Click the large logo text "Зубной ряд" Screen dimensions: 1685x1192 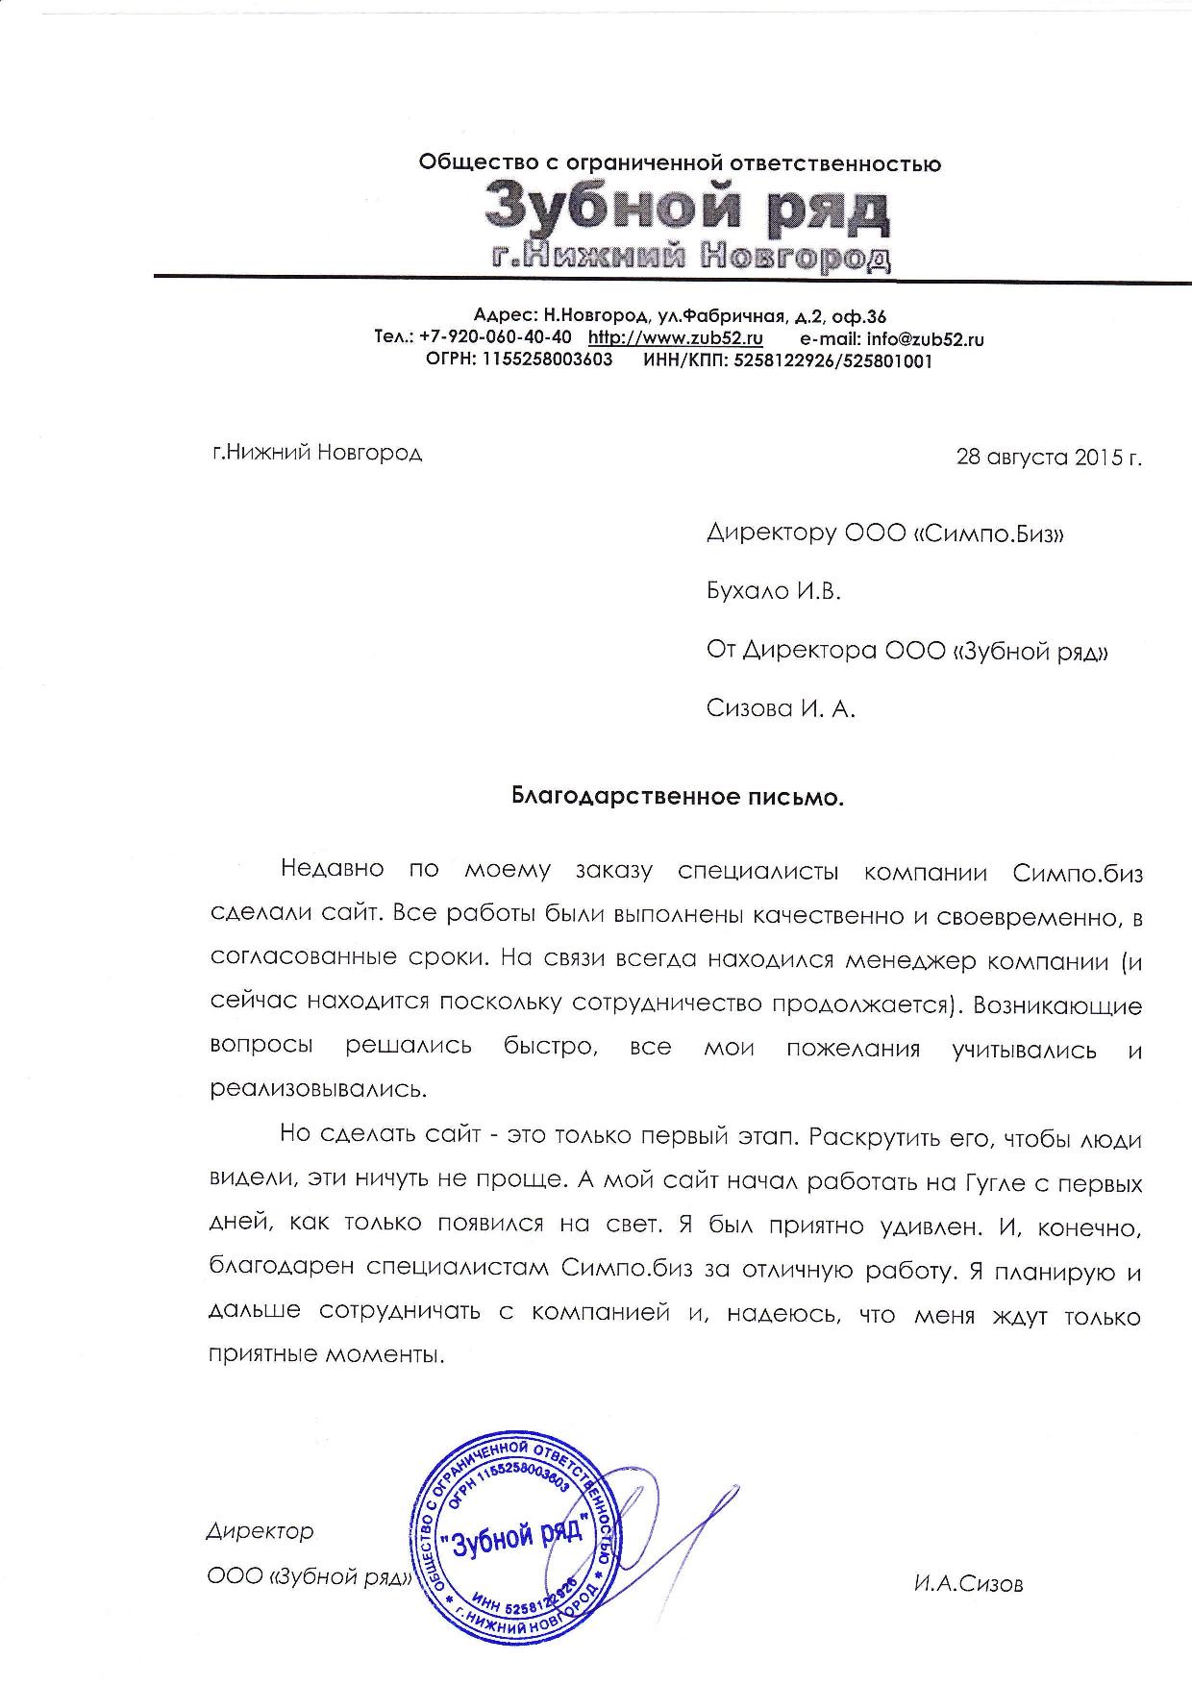pyautogui.click(x=686, y=209)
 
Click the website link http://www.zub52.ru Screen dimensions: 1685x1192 pyautogui.click(x=675, y=337)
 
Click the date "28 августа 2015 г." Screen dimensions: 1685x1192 pyautogui.click(x=1049, y=457)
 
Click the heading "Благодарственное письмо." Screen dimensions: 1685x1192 pyautogui.click(x=676, y=797)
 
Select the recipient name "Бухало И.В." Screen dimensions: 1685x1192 pyautogui.click(x=773, y=591)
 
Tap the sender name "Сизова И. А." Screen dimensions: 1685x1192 pyautogui.click(x=780, y=709)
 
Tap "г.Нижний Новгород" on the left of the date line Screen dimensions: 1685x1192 pyautogui.click(x=316, y=452)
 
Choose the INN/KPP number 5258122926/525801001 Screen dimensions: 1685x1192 pyautogui.click(x=832, y=361)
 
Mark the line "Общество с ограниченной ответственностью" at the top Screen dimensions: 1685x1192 pyautogui.click(x=680, y=163)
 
